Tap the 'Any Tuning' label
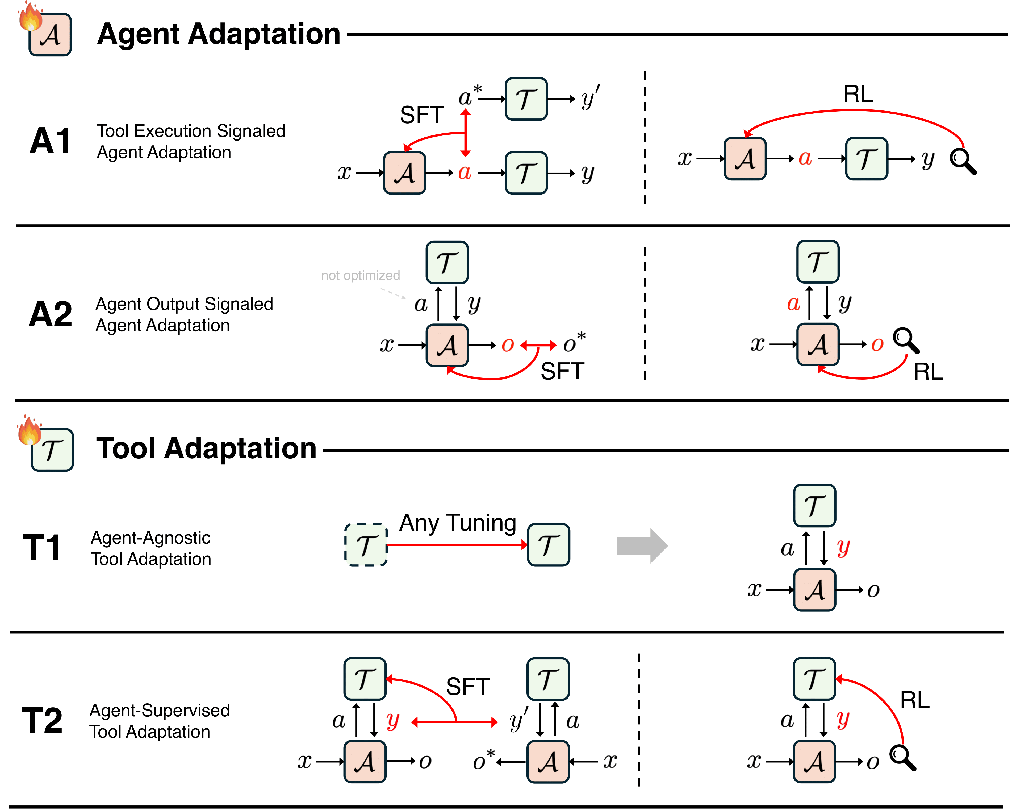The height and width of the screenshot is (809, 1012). pyautogui.click(x=458, y=522)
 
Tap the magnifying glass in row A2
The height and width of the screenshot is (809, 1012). pyautogui.click(x=906, y=340)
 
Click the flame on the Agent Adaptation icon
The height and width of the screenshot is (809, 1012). pyautogui.click(x=31, y=17)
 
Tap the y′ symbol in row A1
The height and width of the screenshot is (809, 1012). pyautogui.click(x=589, y=98)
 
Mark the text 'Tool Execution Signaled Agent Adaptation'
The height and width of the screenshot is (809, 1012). pyautogui.click(x=191, y=141)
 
